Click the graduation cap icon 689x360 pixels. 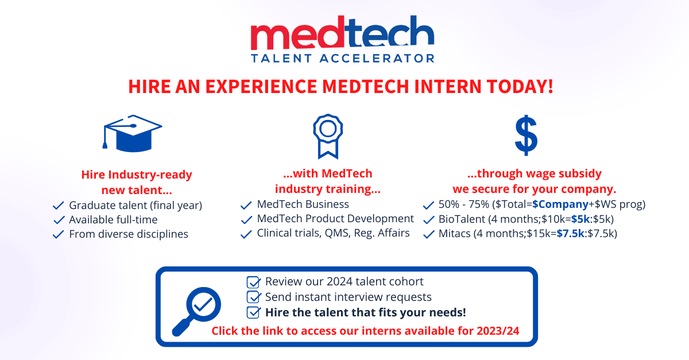(132, 134)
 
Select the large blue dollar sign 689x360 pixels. (526, 136)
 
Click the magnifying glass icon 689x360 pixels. (196, 311)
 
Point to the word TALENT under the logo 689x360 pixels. (281, 58)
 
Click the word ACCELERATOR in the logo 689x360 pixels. (377, 58)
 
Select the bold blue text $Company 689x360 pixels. (560, 204)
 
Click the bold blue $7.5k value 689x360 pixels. (570, 234)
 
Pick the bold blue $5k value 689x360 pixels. (580, 219)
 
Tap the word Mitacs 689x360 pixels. (455, 234)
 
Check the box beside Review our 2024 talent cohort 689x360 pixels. (253, 282)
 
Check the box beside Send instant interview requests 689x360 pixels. (253, 297)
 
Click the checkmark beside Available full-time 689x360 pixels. (59, 220)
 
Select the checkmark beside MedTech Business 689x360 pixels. (246, 205)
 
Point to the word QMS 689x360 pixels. (338, 233)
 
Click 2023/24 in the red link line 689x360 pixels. (498, 331)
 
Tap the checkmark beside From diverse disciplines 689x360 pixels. (59, 234)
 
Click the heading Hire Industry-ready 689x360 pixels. (137, 175)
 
